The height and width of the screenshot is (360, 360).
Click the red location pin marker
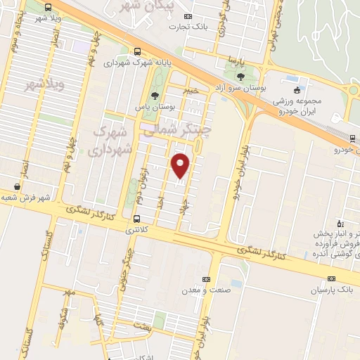[181, 165]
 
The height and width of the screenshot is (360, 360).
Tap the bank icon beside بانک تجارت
[187, 15]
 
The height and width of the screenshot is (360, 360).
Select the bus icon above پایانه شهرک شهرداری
[136, 51]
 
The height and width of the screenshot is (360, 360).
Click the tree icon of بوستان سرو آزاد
[240, 75]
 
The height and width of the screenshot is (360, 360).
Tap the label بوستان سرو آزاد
[239, 87]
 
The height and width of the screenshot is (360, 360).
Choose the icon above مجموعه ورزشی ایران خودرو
[297, 89]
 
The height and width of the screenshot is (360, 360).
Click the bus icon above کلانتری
[136, 218]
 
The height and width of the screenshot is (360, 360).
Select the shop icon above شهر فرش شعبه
[17, 187]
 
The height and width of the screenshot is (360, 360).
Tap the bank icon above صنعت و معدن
[205, 278]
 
